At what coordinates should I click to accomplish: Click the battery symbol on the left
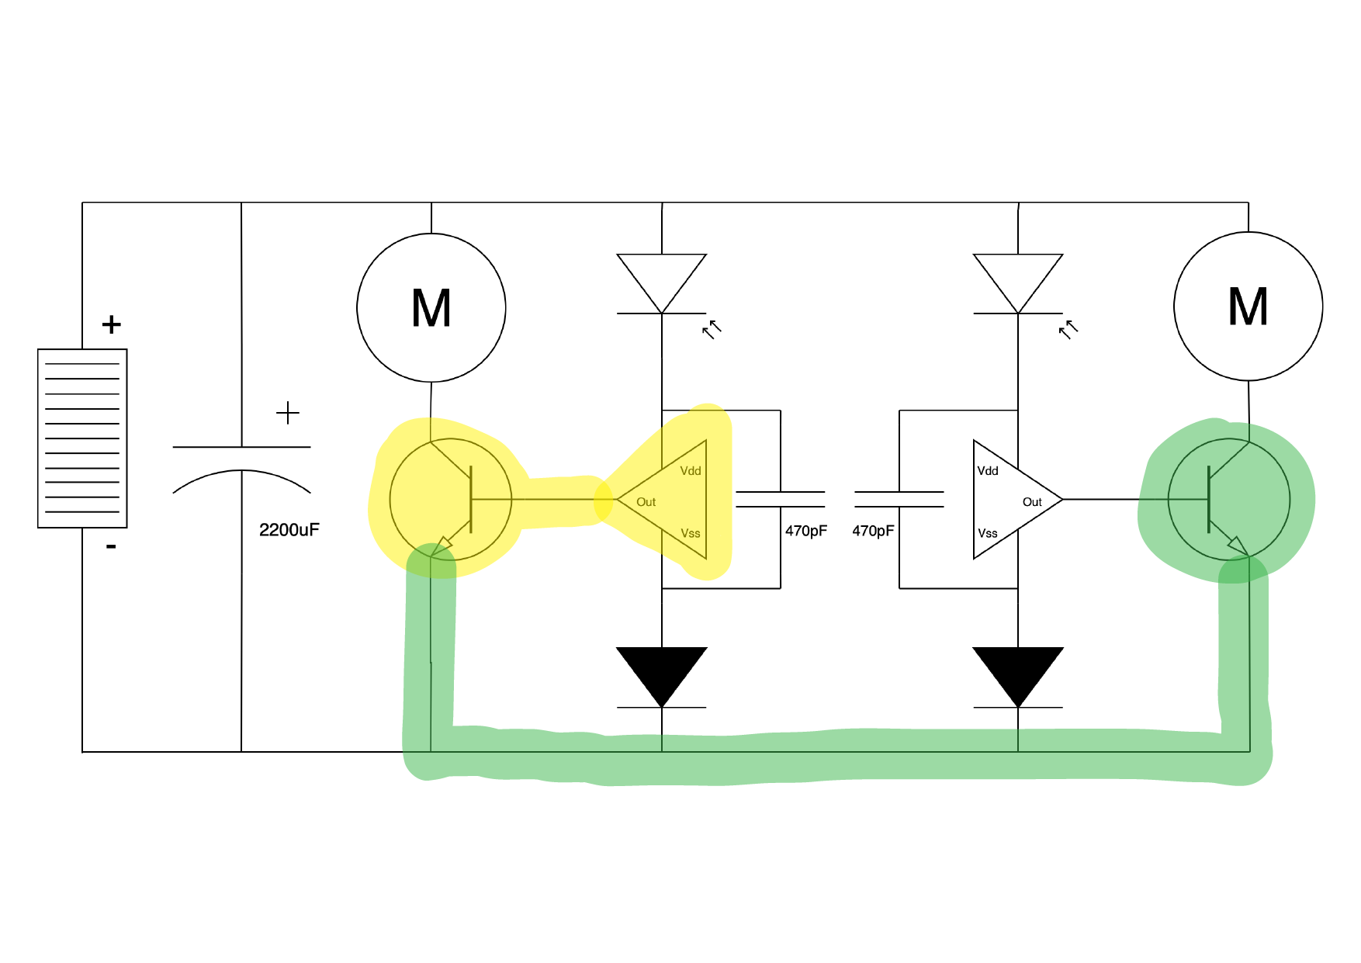[82, 438]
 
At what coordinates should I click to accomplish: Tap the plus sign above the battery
[112, 324]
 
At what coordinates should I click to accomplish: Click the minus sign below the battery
[111, 547]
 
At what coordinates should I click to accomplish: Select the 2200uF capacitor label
[289, 530]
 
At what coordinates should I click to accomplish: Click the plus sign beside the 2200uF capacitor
[288, 413]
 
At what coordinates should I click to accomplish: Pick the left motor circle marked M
[431, 308]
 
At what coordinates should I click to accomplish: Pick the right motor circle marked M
[1248, 307]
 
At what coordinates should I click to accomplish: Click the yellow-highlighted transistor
[451, 500]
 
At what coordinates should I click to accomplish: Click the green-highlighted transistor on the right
[1229, 500]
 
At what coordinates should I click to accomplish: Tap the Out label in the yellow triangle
[646, 502]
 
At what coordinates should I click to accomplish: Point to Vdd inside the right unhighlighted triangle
[988, 471]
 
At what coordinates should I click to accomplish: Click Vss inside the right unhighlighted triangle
[988, 533]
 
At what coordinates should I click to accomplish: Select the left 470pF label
[805, 531]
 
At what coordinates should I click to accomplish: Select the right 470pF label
[873, 531]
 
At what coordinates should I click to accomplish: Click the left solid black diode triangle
[662, 671]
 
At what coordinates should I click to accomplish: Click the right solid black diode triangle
[1018, 671]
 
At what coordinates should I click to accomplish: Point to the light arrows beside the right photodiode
[1068, 330]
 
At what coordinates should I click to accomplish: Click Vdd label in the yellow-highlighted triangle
[691, 471]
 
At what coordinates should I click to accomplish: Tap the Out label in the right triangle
[1032, 502]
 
